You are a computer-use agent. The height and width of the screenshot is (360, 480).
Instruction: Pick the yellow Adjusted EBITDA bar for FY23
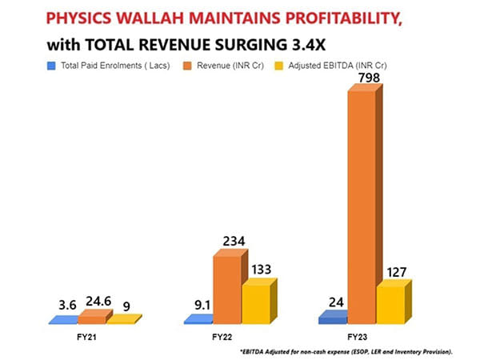[390, 305]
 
